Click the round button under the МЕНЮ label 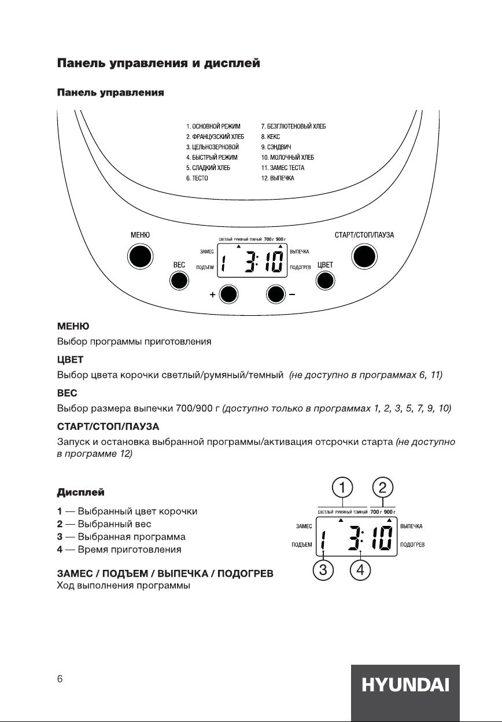pos(139,256)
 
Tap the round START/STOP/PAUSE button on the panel pos(364,256)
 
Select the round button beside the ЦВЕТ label pos(326,281)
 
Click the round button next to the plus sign pos(229,294)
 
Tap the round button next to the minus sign pos(276,294)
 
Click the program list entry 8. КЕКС pos(271,137)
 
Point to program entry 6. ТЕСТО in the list pos(197,178)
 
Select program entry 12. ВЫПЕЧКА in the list pos(278,178)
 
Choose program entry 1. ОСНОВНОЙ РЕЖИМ pos(213,126)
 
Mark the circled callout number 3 pos(323,570)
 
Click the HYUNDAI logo pos(405,686)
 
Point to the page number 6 pos(60,680)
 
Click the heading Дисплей pos(80,493)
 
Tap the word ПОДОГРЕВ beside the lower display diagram pos(413,544)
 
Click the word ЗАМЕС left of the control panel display pos(207,252)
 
